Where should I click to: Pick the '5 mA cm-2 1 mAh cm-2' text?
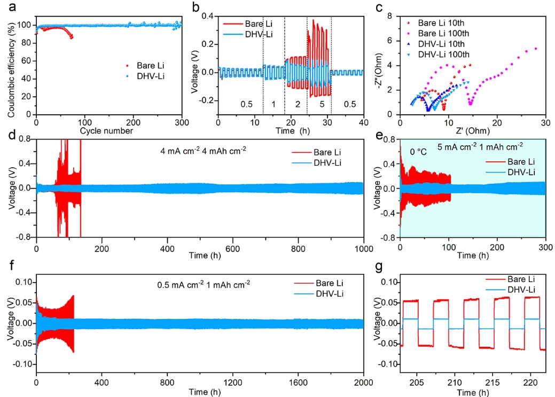point(472,145)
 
